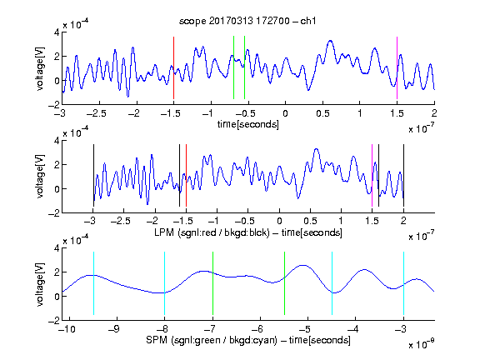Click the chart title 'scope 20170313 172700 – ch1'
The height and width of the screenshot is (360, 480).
[247, 21]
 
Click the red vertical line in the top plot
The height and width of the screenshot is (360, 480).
[173, 67]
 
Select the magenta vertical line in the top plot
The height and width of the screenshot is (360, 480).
[397, 67]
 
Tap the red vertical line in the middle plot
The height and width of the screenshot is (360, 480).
[186, 175]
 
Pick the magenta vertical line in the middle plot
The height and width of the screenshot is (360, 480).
[372, 175]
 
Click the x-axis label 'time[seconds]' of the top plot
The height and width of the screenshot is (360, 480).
[248, 124]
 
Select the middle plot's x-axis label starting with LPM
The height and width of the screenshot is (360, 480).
[248, 232]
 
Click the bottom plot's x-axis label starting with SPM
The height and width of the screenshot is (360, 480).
[248, 340]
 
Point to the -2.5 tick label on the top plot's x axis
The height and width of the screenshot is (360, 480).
[96, 113]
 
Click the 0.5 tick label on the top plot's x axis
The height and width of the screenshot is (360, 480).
[322, 113]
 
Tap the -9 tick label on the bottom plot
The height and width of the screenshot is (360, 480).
[113, 329]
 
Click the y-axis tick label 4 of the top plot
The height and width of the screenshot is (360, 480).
[57, 32]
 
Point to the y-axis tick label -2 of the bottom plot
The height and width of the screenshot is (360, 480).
[54, 320]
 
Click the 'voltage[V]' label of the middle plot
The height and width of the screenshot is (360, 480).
[40, 176]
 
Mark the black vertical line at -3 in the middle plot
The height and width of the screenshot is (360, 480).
[93, 175]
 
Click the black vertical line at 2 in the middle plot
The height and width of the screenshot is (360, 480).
[403, 175]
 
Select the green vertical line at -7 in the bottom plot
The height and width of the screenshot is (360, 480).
[212, 283]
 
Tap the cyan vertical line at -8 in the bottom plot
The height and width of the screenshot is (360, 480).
[164, 283]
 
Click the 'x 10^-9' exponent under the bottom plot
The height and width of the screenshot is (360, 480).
[422, 344]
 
